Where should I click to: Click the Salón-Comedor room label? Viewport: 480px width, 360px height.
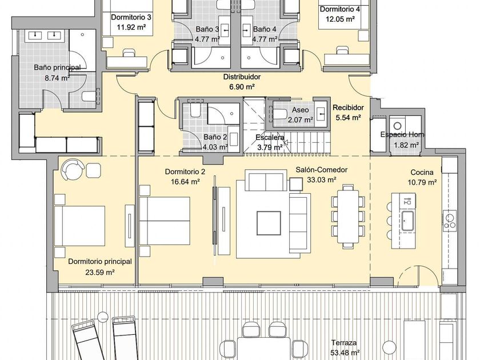(x=321, y=170)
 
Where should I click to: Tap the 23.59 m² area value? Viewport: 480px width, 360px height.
(x=100, y=272)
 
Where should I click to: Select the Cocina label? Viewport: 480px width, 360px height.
(x=422, y=173)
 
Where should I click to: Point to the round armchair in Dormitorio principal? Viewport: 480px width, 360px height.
(x=73, y=169)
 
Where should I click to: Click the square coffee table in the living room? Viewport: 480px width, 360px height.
(x=269, y=223)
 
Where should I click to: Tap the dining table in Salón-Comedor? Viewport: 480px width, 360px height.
(x=348, y=217)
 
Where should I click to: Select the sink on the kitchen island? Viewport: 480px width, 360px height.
(x=408, y=221)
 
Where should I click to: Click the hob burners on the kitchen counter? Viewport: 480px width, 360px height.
(x=449, y=221)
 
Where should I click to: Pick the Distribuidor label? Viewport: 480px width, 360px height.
(x=242, y=77)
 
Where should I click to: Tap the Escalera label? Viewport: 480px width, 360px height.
(x=270, y=138)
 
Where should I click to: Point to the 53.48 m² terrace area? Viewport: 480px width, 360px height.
(x=345, y=353)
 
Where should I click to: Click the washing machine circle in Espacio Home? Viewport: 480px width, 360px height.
(x=397, y=126)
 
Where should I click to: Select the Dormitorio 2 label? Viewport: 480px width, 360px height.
(x=185, y=172)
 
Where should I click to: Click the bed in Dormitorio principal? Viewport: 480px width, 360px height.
(x=79, y=226)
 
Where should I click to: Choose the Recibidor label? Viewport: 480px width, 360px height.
(x=348, y=107)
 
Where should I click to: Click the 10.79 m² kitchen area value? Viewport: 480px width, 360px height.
(x=422, y=183)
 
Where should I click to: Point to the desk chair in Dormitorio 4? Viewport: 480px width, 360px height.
(x=341, y=50)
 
